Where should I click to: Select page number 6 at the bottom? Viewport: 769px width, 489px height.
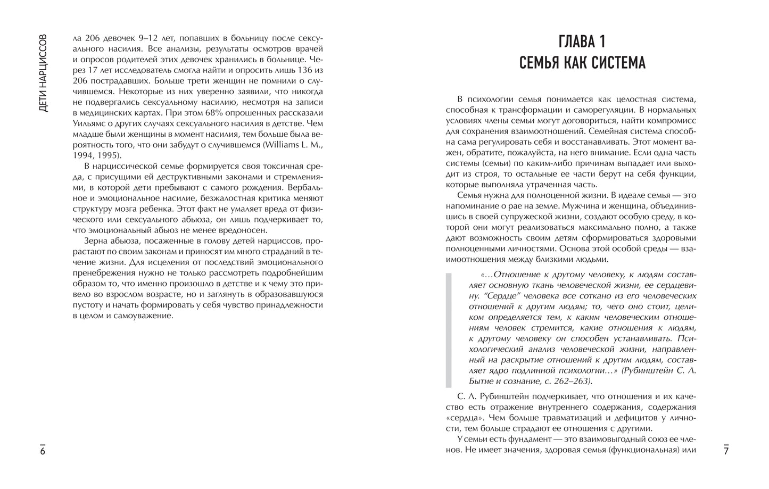[x=43, y=451]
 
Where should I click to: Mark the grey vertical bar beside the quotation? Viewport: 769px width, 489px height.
[x=449, y=330]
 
